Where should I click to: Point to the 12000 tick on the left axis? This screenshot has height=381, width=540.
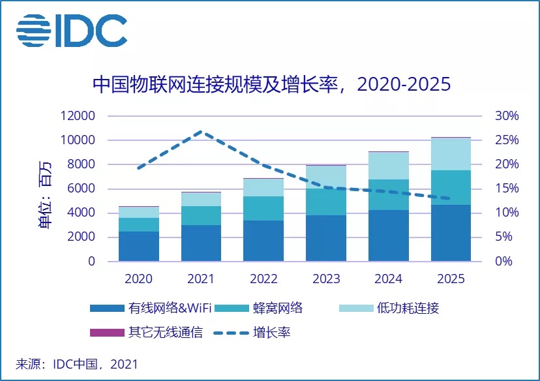tap(78, 116)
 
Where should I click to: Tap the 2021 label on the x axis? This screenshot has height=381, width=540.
tap(200, 279)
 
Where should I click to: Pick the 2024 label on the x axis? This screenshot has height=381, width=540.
tap(388, 279)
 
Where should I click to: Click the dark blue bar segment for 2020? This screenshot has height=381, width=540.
tap(138, 246)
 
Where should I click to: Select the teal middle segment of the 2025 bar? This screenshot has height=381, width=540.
tap(451, 187)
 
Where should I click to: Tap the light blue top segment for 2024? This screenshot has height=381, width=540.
tap(388, 166)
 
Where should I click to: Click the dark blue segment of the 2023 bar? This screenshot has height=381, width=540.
tap(325, 238)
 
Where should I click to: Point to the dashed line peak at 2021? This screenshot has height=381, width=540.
tap(200, 132)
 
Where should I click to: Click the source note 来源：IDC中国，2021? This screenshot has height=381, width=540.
tap(77, 364)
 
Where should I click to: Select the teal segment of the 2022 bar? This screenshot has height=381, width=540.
tap(263, 208)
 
